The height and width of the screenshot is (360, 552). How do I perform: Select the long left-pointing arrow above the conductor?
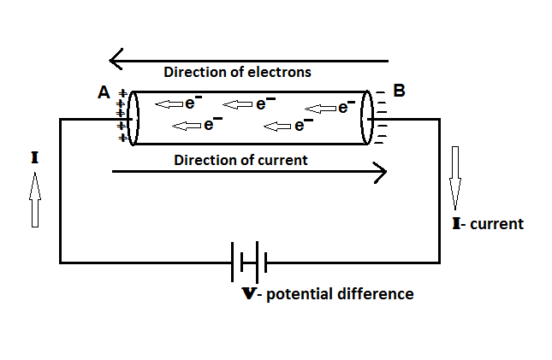tap(248, 60)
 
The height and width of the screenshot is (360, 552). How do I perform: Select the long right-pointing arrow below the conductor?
tap(248, 172)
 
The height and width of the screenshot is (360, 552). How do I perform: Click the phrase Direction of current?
tap(240, 159)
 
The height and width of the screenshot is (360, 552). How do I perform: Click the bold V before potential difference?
tap(250, 294)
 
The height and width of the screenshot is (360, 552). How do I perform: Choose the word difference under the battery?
tap(376, 294)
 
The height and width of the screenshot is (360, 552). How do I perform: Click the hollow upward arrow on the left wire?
tap(35, 198)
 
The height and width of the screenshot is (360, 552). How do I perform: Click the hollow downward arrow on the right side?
tap(455, 178)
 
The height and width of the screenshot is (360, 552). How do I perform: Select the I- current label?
tap(487, 224)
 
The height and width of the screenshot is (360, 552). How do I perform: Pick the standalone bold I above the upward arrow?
tap(34, 158)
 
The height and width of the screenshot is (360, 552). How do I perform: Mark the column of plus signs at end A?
tap(122, 115)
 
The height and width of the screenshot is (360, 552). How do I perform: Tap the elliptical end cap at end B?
tap(368, 117)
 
